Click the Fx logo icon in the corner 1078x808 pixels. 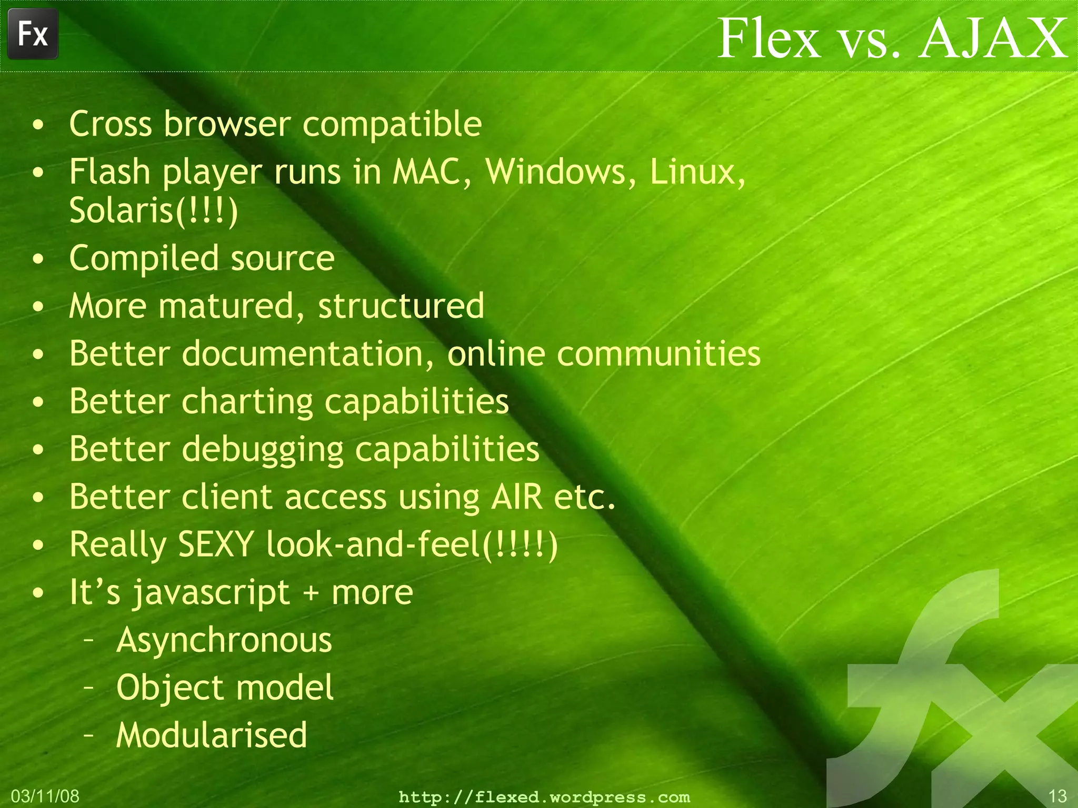[x=33, y=34]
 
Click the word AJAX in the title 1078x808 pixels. [x=994, y=38]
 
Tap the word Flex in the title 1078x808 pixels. [x=768, y=38]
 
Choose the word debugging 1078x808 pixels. [x=263, y=450]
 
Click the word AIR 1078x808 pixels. [x=516, y=497]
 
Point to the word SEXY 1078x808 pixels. [x=216, y=544]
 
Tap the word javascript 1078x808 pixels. [x=211, y=593]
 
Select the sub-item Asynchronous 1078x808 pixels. [x=224, y=640]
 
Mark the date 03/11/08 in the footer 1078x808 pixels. [x=45, y=796]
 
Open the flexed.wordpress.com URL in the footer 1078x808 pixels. [x=544, y=797]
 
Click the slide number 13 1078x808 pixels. [x=1057, y=796]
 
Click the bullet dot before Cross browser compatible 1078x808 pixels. [x=38, y=125]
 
